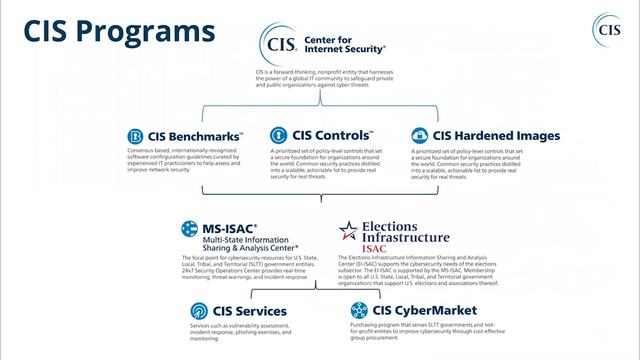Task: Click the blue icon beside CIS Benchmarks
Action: (136, 136)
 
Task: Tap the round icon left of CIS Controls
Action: (277, 135)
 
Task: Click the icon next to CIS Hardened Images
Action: (419, 135)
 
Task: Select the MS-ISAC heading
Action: (229, 228)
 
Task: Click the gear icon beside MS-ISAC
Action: (186, 229)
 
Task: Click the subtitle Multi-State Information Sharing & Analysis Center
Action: (252, 245)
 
